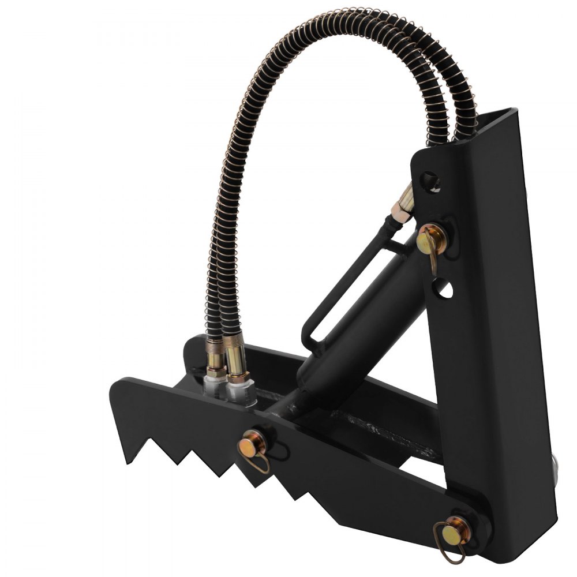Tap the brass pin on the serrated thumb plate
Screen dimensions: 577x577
(253, 445)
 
